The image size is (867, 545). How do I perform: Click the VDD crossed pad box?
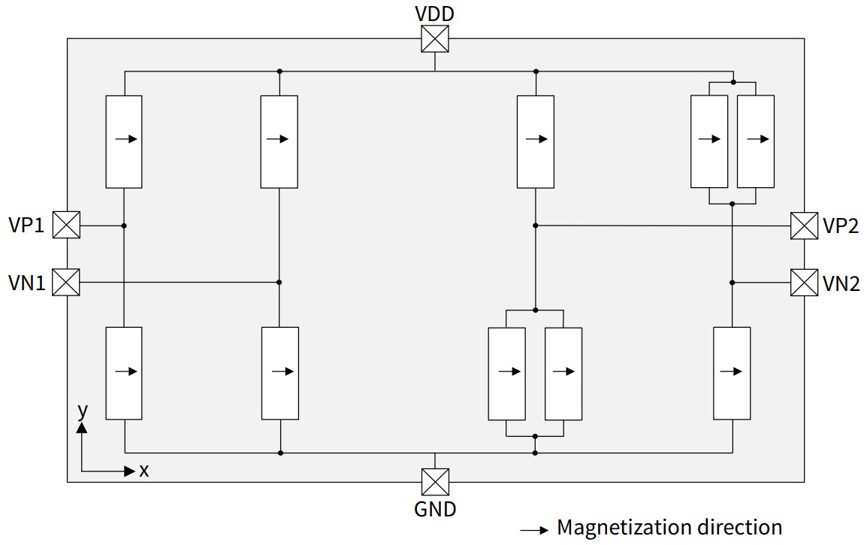[x=435, y=39]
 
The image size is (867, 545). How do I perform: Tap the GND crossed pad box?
[x=435, y=482]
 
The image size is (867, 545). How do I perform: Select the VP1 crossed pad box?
[x=66, y=225]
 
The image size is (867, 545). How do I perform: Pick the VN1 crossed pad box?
[x=66, y=283]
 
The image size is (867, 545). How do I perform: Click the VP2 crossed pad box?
[x=804, y=226]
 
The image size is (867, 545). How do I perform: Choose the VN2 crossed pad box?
[x=804, y=283]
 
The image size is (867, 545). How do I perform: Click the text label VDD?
[x=435, y=14]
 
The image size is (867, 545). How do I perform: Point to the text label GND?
[x=435, y=509]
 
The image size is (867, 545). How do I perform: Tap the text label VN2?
[x=841, y=283]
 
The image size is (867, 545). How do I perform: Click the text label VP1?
[x=26, y=226]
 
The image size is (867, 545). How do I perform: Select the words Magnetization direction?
[x=669, y=528]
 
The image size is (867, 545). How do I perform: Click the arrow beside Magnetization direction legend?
[x=534, y=530]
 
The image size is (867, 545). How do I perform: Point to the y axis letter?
[x=83, y=410]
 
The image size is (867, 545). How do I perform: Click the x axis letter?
[x=144, y=471]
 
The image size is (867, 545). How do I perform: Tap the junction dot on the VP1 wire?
[x=124, y=226]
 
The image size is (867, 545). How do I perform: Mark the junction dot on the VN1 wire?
[x=279, y=283]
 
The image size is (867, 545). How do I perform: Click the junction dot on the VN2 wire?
[x=732, y=283]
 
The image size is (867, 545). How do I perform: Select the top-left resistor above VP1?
[x=124, y=141]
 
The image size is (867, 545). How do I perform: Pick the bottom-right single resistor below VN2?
[x=732, y=373]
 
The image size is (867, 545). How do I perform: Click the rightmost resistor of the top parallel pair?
[x=756, y=141]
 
